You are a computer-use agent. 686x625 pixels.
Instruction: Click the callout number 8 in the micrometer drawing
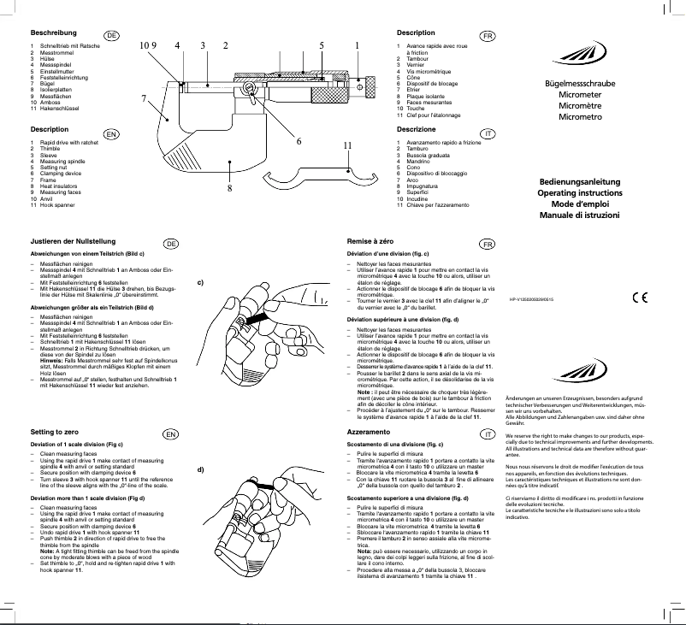229,187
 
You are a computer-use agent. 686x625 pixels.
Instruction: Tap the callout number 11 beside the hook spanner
348,145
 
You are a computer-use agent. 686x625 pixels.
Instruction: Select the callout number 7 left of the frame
144,97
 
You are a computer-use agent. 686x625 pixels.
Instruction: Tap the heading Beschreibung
53,32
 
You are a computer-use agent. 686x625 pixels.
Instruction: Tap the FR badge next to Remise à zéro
487,244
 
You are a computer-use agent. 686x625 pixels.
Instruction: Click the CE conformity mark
639,298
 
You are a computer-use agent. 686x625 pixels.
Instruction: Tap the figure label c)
200,282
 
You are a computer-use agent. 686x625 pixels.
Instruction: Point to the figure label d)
200,469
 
